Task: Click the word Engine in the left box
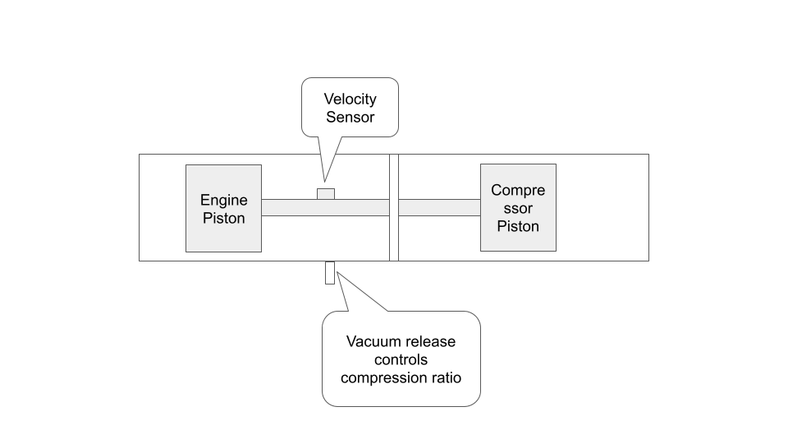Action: pyautogui.click(x=223, y=200)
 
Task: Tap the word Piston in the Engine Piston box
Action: pyautogui.click(x=223, y=219)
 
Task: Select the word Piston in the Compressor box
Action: pyautogui.click(x=518, y=226)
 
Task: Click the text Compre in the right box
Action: pyautogui.click(x=518, y=190)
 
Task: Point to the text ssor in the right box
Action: pyautogui.click(x=518, y=208)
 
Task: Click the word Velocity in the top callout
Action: pyautogui.click(x=350, y=99)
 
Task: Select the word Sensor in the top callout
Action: pyautogui.click(x=350, y=117)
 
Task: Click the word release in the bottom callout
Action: pyautogui.click(x=429, y=341)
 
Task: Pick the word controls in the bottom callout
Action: pyautogui.click(x=401, y=359)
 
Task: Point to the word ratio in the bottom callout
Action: pyautogui.click(x=444, y=377)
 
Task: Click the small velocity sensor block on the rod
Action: pyautogui.click(x=326, y=193)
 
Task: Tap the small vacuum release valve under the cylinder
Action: pyautogui.click(x=330, y=272)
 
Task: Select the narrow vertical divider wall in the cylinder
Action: pyautogui.click(x=394, y=207)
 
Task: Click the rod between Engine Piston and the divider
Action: pyautogui.click(x=325, y=207)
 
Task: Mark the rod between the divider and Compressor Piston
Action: pyautogui.click(x=439, y=207)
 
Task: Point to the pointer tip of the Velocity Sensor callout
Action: pyautogui.click(x=323, y=180)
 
